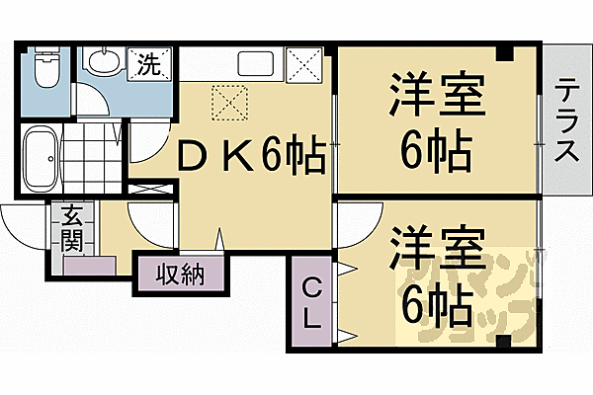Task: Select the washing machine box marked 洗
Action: (148, 65)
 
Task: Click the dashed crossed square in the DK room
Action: (228, 100)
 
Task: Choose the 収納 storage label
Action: (179, 271)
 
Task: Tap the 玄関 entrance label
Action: (71, 229)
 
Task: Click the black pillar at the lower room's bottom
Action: (503, 342)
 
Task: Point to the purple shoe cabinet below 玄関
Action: (89, 265)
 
